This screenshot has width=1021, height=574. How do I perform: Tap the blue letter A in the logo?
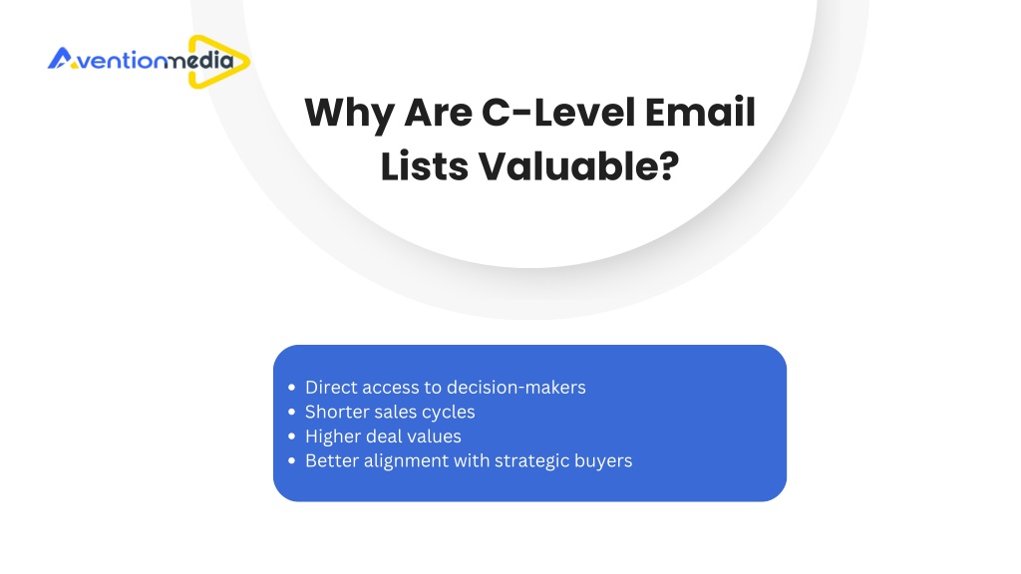point(59,58)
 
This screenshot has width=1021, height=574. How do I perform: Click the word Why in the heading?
point(349,114)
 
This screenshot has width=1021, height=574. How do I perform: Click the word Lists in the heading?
point(424,166)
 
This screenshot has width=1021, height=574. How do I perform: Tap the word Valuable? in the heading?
point(579,166)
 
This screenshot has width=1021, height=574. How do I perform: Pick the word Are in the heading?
point(438,113)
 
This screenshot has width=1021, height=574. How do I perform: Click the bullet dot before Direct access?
point(291,388)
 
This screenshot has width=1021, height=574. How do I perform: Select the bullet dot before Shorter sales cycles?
point(291,412)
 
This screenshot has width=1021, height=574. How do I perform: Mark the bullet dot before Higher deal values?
point(291,436)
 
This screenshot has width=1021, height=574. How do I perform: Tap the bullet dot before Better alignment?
point(291,460)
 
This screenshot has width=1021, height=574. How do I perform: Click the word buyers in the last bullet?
point(607,461)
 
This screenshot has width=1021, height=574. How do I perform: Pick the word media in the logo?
point(198,61)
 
